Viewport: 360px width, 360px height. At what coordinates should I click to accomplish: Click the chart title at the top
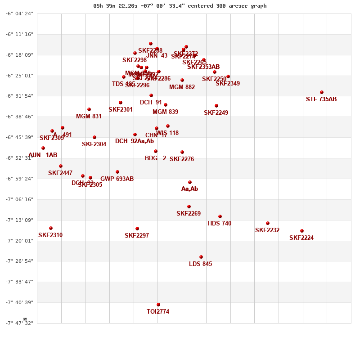tap(180, 6)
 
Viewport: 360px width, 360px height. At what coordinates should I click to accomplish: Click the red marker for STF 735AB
tap(322, 92)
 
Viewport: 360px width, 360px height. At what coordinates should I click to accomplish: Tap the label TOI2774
tap(158, 311)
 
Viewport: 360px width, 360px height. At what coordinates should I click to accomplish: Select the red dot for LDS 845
tap(201, 257)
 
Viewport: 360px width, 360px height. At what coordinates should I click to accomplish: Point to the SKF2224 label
tap(301, 238)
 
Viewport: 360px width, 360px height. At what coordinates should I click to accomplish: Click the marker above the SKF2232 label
tap(268, 223)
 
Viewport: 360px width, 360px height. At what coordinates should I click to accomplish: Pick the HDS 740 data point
tap(220, 216)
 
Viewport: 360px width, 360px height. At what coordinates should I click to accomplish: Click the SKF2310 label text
tap(50, 235)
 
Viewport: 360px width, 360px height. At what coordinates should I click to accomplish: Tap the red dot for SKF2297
tap(137, 229)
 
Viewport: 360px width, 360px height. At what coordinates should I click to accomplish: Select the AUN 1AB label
tap(43, 155)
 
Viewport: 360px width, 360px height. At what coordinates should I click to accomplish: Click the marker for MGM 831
tap(89, 109)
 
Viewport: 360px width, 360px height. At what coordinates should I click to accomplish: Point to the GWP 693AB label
tap(117, 179)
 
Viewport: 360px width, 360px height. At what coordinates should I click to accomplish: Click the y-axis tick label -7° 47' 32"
tap(19, 323)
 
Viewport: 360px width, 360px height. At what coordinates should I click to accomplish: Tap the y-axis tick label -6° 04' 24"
tap(19, 13)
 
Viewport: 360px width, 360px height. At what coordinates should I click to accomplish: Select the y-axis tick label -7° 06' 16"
tap(19, 199)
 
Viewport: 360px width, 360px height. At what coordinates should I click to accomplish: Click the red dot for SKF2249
tap(216, 106)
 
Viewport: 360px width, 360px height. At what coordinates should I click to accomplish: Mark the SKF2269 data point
tap(189, 207)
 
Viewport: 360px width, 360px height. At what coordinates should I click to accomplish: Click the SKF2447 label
tap(60, 173)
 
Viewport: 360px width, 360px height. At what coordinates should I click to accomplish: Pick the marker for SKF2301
tap(121, 103)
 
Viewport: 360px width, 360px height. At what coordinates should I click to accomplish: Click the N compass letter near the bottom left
tap(25, 319)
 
